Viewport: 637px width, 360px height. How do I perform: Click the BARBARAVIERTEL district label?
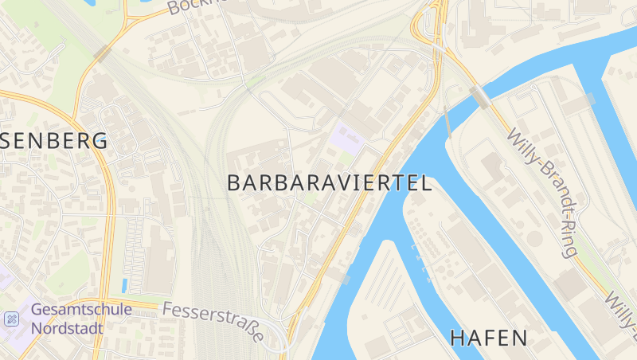pyautogui.click(x=330, y=183)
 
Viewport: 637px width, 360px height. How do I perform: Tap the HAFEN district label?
pyautogui.click(x=489, y=338)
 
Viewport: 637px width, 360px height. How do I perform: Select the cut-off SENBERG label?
pyautogui.click(x=53, y=142)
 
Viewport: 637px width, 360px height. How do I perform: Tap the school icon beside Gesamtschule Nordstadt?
pyautogui.click(x=11, y=319)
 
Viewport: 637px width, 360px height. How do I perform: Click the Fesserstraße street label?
pyautogui.click(x=213, y=321)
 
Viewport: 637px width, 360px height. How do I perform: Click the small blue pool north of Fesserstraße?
pyautogui.click(x=123, y=285)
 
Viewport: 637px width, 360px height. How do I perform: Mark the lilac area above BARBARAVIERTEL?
pyautogui.click(x=346, y=139)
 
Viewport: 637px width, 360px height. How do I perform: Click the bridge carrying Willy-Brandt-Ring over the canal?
pyautogui.click(x=480, y=96)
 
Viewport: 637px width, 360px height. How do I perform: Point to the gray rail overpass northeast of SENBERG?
pyautogui.click(x=103, y=53)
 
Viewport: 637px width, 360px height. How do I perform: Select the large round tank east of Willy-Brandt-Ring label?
pyautogui.click(x=534, y=238)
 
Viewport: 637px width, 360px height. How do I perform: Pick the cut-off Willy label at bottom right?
pyautogui.click(x=620, y=310)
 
